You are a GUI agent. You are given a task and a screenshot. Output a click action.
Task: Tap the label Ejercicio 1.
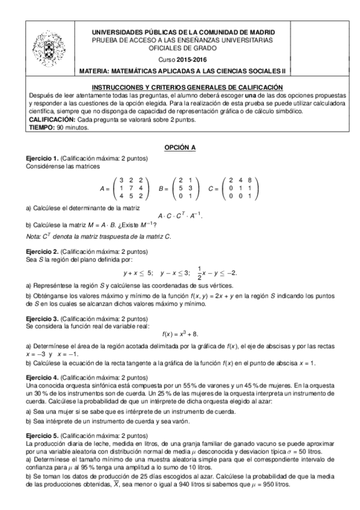41,158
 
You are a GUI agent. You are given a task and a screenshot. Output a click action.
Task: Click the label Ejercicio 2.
41,251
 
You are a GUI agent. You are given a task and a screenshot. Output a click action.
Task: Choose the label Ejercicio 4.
41,377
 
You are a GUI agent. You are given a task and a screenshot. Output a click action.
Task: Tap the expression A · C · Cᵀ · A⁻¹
180,216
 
